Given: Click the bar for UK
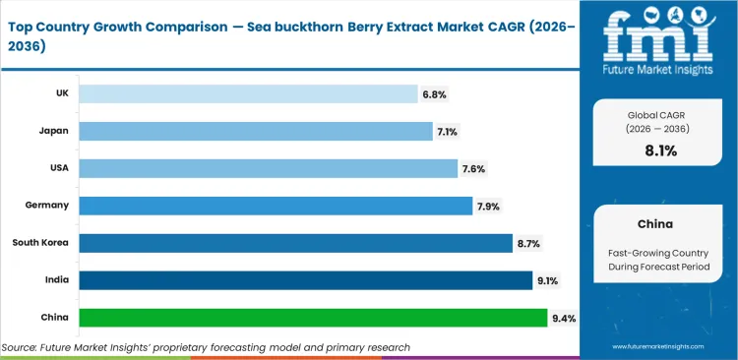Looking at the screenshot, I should [x=248, y=93].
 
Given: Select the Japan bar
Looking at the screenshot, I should [x=255, y=131].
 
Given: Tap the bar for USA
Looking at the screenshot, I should [x=268, y=168].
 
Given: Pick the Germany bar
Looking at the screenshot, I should [x=275, y=206].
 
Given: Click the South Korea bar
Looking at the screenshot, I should [x=294, y=243].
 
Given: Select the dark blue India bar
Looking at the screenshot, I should [x=304, y=280].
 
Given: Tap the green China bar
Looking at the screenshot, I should [x=312, y=318].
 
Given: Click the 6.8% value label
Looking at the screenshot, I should [x=434, y=94].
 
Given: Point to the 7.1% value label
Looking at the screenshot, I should [x=448, y=132].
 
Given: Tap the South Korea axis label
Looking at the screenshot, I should [x=40, y=242].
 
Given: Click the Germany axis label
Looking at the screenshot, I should [x=46, y=205].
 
